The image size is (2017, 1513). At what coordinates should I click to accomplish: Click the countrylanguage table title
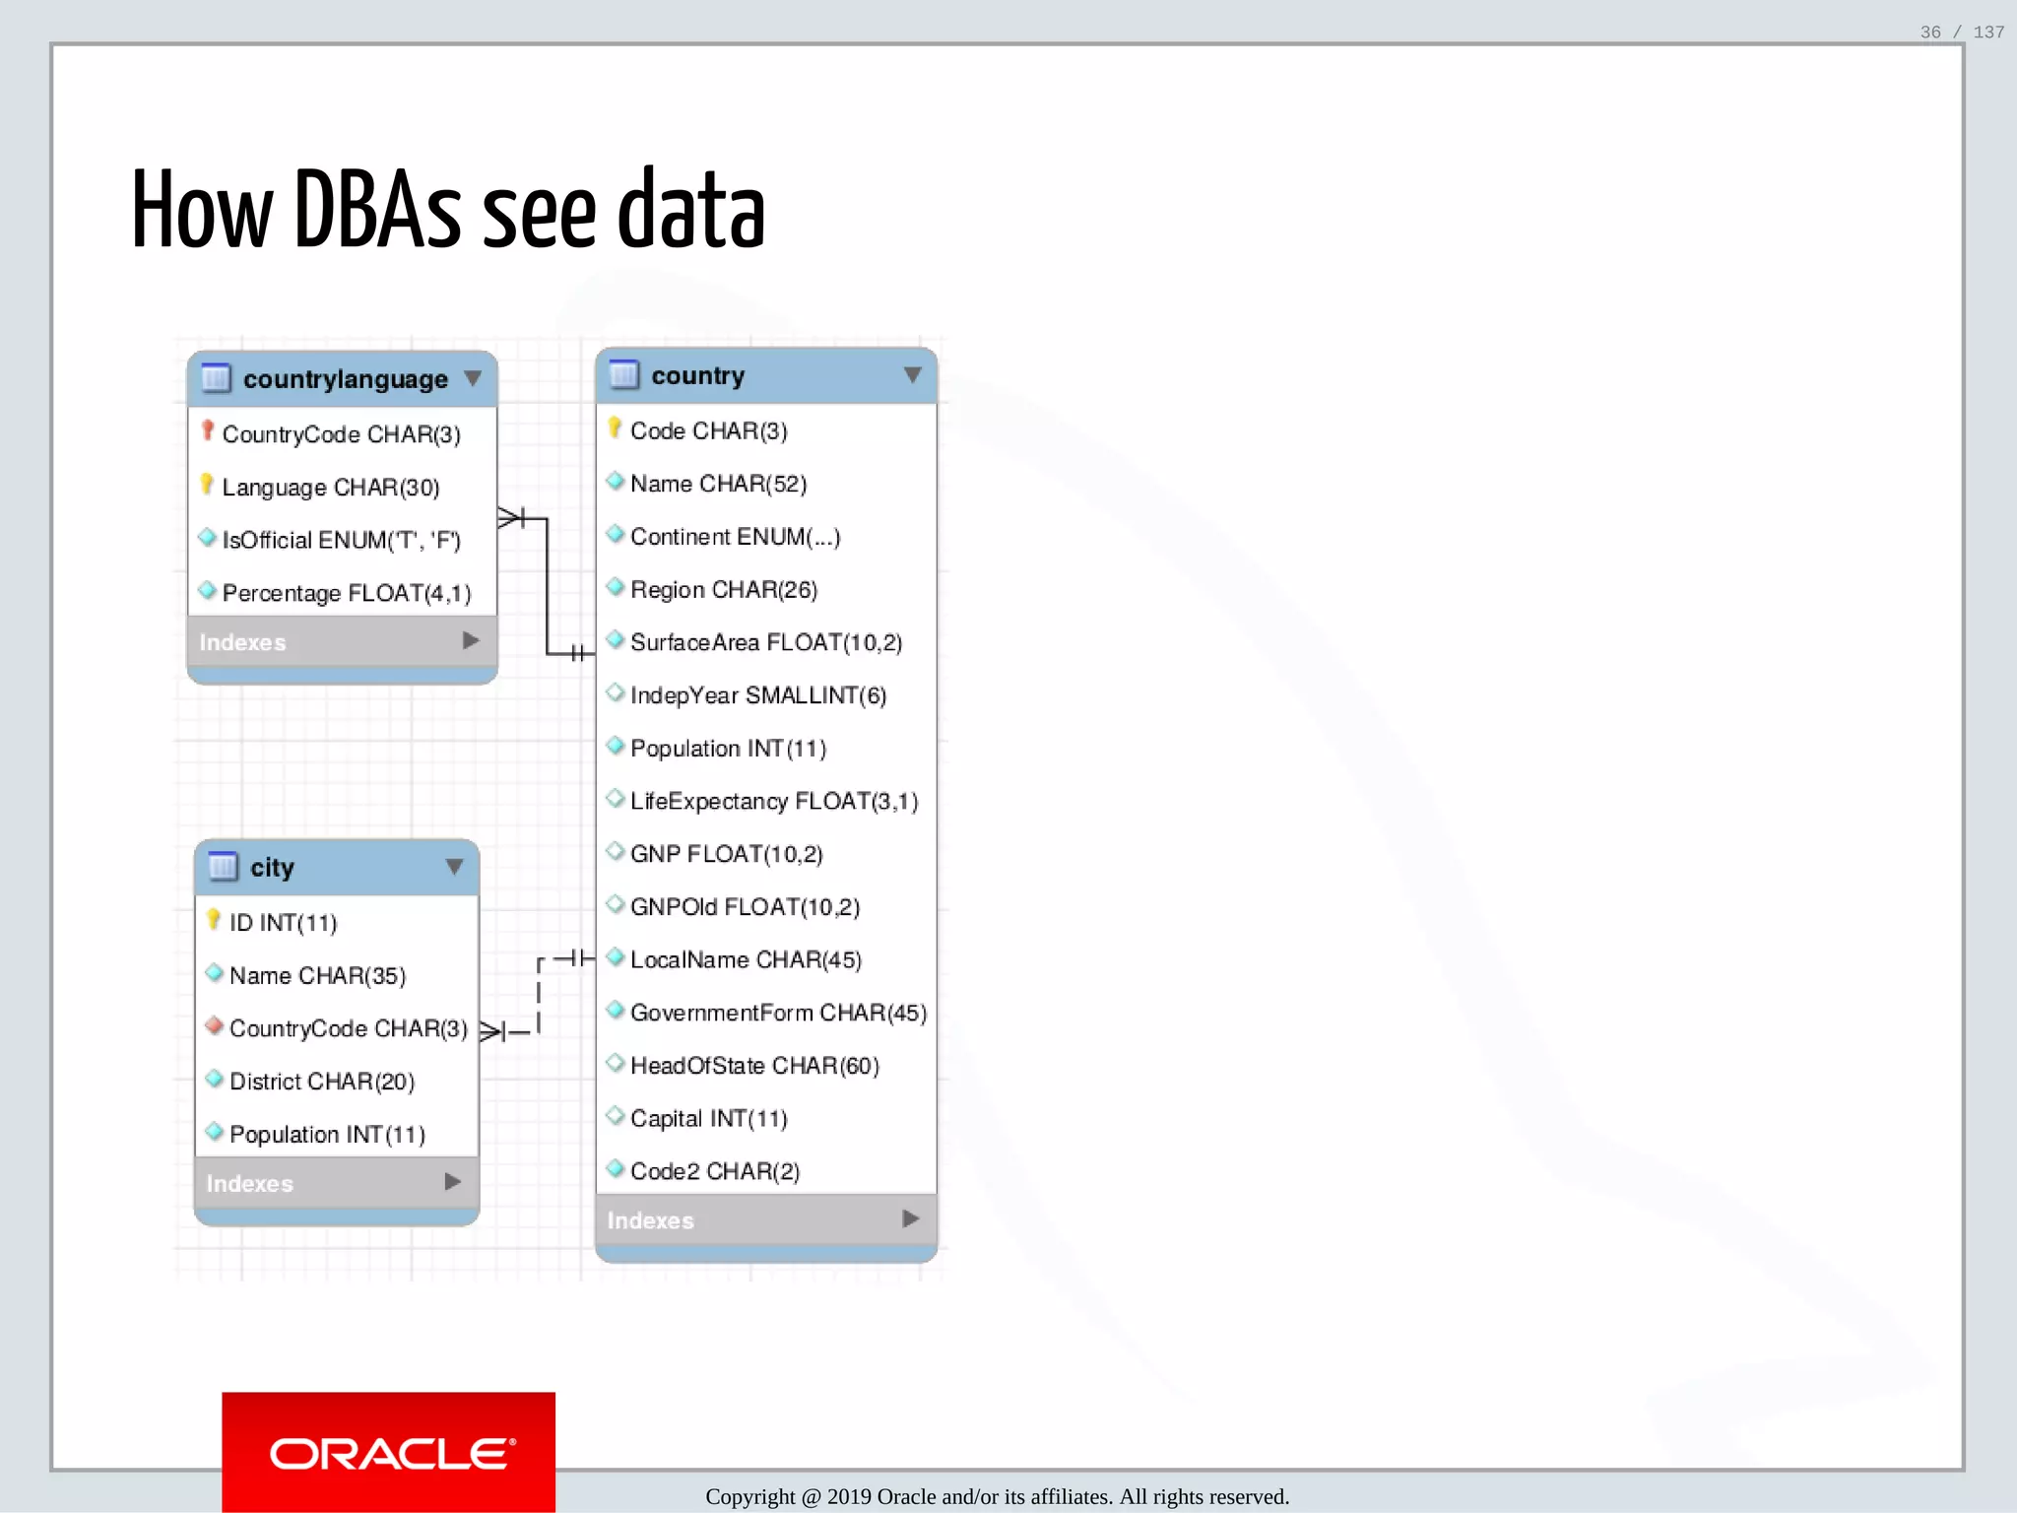(x=345, y=379)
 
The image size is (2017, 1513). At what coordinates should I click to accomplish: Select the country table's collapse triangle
(x=912, y=375)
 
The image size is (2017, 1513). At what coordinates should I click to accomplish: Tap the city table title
(x=272, y=868)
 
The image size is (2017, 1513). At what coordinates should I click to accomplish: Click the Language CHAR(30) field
(x=331, y=488)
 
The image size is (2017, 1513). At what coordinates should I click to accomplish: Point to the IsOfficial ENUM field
(x=341, y=541)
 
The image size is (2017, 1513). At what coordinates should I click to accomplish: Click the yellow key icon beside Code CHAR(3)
(x=615, y=428)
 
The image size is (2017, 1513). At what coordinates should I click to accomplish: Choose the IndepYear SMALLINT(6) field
(x=757, y=695)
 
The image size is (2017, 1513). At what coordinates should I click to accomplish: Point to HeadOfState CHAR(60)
(x=754, y=1066)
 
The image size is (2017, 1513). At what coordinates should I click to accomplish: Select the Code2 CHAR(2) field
(x=715, y=1171)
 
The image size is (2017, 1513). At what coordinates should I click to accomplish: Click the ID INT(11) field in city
(x=283, y=923)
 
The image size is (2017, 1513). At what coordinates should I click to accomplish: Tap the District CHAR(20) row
(x=322, y=1082)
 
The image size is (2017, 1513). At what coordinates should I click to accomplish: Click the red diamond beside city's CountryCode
(x=214, y=1026)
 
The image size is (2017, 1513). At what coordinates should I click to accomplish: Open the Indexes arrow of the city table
(x=453, y=1182)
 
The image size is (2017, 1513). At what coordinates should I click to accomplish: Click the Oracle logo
(x=389, y=1453)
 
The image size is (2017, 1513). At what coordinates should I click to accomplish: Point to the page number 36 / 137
(x=1962, y=33)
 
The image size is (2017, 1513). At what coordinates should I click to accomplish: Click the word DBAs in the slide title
(x=377, y=211)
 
